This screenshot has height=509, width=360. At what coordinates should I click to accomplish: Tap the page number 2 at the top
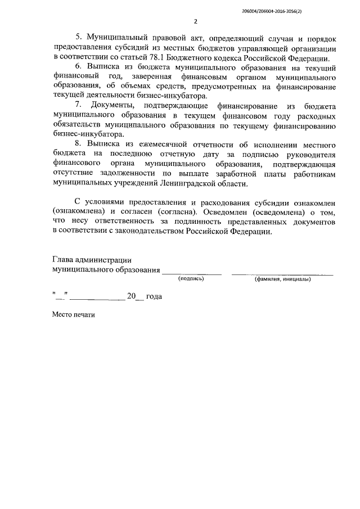tap(195, 22)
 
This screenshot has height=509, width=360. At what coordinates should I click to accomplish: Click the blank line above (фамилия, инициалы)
tap(282, 273)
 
